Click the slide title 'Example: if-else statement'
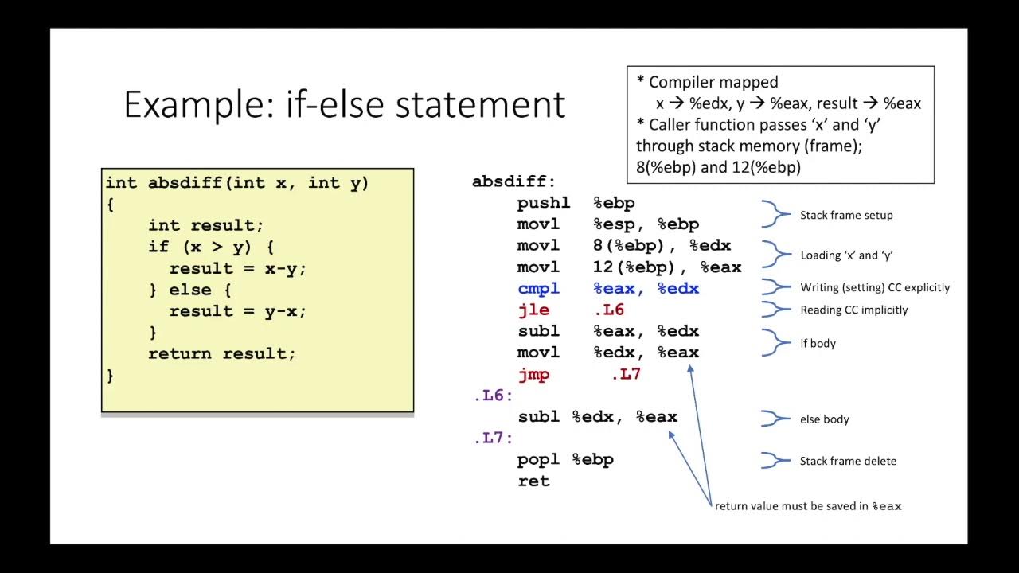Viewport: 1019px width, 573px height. pos(344,105)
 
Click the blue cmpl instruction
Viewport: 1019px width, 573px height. pos(539,289)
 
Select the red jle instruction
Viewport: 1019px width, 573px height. pos(533,310)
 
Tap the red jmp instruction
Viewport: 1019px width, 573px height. pos(533,374)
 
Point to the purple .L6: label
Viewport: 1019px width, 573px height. pos(493,396)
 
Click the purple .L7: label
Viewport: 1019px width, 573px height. pos(493,438)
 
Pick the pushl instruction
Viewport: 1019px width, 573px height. pos(544,204)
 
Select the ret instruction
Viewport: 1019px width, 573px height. pos(533,481)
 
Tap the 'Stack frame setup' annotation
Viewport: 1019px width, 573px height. pos(846,215)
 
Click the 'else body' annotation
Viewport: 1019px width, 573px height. pos(824,419)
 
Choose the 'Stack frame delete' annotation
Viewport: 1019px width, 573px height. pos(848,461)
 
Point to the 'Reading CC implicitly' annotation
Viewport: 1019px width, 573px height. pos(853,310)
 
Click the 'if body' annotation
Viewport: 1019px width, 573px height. pos(818,344)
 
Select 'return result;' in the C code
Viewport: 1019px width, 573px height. pos(221,353)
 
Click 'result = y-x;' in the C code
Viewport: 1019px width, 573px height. pos(237,311)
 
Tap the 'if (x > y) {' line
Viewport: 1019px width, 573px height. pos(211,247)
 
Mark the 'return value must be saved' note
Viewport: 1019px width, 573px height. pos(808,506)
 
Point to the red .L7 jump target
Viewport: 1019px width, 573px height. pos(626,374)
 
